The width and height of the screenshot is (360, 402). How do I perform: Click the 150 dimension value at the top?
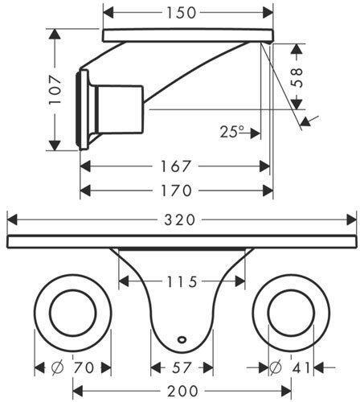[182, 13]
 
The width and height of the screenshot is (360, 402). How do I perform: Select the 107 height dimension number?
[55, 90]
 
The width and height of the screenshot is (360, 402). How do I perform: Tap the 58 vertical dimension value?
[297, 78]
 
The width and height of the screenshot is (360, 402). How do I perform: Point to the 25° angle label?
[232, 132]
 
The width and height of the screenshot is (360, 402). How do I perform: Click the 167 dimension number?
[175, 166]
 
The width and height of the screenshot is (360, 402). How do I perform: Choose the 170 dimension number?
[176, 191]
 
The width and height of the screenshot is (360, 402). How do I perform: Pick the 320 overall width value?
[180, 220]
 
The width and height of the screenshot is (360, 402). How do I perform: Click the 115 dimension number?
[182, 281]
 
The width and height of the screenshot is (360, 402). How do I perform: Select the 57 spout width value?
[182, 367]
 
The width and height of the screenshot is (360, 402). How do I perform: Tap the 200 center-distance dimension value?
[182, 392]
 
